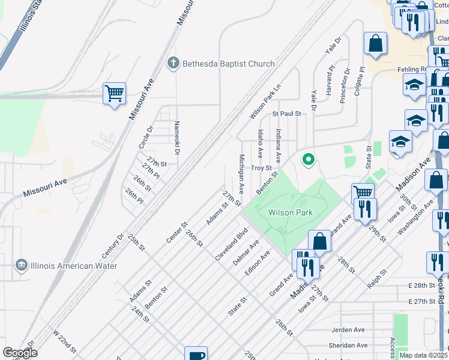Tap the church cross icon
click(x=173, y=63)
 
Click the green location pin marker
click(x=309, y=160)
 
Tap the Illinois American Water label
click(x=75, y=265)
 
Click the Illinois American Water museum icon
click(x=22, y=265)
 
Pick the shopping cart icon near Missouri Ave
click(x=114, y=94)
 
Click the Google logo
click(x=21, y=353)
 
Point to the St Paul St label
click(x=286, y=113)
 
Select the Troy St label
click(x=262, y=169)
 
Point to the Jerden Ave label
click(x=348, y=330)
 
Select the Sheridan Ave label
click(x=348, y=345)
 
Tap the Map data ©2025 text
click(x=424, y=355)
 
